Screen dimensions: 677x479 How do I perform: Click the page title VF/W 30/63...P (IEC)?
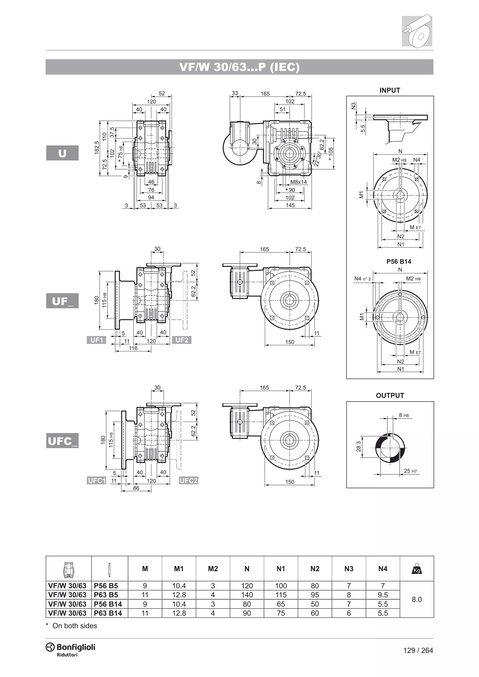pyautogui.click(x=239, y=67)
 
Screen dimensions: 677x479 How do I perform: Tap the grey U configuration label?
pyautogui.click(x=62, y=153)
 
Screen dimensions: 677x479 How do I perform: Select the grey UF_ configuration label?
pyautogui.click(x=62, y=301)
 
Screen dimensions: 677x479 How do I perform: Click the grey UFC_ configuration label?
pyautogui.click(x=62, y=441)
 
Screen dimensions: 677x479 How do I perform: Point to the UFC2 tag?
pyautogui.click(x=189, y=481)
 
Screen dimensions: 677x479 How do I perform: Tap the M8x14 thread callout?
pyautogui.click(x=298, y=182)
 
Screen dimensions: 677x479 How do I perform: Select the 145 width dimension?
pyautogui.click(x=290, y=205)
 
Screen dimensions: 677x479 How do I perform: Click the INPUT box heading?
pyautogui.click(x=390, y=90)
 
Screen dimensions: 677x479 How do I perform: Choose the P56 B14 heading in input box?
pyautogui.click(x=399, y=262)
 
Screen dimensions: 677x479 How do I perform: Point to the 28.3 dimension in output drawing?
pyautogui.click(x=358, y=446)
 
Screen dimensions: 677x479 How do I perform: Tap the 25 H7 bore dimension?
pyautogui.click(x=410, y=471)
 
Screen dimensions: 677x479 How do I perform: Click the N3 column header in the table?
pyautogui.click(x=349, y=569)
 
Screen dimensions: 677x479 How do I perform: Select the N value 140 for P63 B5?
pyautogui.click(x=247, y=595)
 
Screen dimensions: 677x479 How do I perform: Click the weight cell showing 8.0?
pyautogui.click(x=417, y=599)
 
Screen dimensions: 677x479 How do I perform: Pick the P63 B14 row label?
pyautogui.click(x=108, y=613)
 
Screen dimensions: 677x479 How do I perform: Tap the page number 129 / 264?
pyautogui.click(x=418, y=650)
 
